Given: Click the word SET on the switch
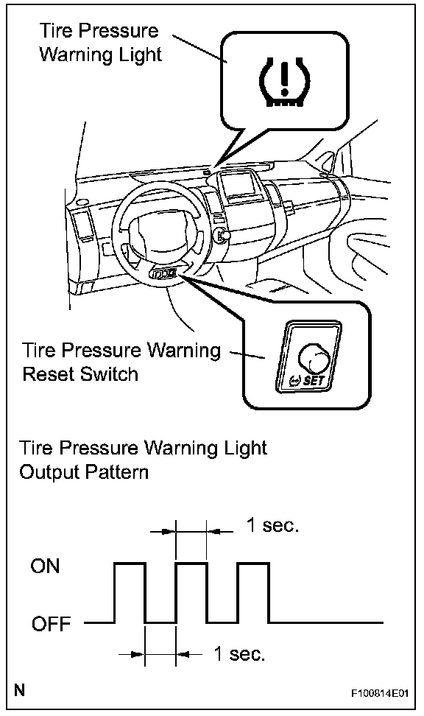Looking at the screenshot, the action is click(x=313, y=380).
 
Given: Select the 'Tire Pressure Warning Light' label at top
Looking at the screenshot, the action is click(x=100, y=43).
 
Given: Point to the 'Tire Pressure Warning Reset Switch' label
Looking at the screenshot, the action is click(x=121, y=362).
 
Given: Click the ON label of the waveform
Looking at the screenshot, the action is click(x=45, y=566).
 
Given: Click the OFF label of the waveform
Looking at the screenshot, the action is click(x=51, y=623).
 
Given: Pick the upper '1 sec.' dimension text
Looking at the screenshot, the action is click(x=272, y=526).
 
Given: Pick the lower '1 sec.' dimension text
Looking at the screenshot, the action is click(x=240, y=654).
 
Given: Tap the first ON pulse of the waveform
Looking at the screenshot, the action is click(x=130, y=593).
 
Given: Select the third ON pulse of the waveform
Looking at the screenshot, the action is click(x=253, y=593).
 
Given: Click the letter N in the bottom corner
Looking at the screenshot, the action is click(x=19, y=689).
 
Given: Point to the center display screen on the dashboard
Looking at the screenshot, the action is click(x=237, y=186).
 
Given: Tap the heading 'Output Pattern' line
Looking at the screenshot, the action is click(x=84, y=472).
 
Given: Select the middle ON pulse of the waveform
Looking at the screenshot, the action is click(x=191, y=593).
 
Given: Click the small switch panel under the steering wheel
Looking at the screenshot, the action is click(x=164, y=274).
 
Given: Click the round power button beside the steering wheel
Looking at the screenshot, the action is click(x=223, y=235).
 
